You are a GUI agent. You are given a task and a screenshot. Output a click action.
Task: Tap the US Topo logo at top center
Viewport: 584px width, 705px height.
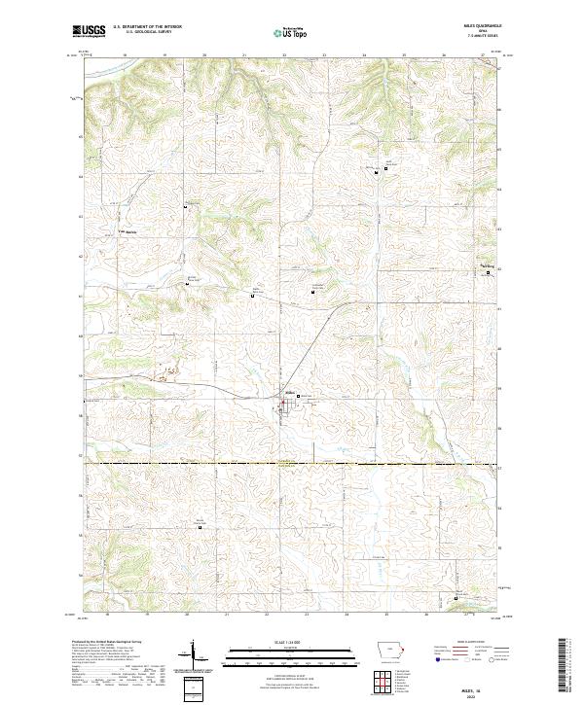pyautogui.click(x=291, y=32)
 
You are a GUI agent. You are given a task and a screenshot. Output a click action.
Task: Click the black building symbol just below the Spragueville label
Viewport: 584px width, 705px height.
pyautogui.click(x=489, y=275)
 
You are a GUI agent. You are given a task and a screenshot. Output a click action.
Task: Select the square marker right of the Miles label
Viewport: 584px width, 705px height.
pyautogui.click(x=298, y=396)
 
